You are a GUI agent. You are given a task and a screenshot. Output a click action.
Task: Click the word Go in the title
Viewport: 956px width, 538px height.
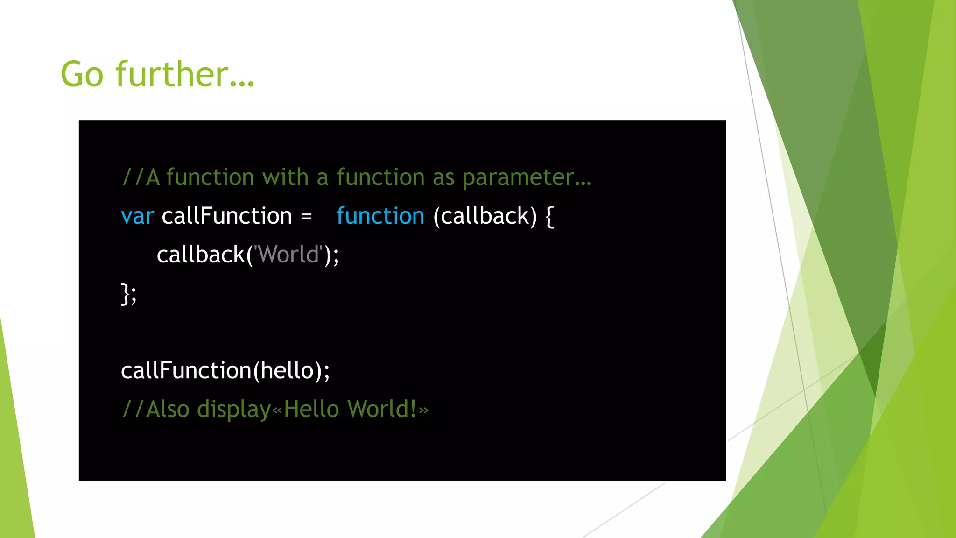tap(82, 75)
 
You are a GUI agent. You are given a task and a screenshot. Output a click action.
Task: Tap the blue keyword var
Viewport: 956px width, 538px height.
tap(137, 217)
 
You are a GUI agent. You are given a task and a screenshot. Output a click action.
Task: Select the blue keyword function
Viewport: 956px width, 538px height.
tap(380, 216)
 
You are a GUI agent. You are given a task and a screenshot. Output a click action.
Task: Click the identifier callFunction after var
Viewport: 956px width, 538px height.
tap(227, 216)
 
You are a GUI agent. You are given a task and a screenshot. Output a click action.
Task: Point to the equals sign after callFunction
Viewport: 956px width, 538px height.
tap(306, 217)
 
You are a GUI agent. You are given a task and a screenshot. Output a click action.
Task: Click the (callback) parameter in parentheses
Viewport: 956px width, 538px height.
tap(485, 216)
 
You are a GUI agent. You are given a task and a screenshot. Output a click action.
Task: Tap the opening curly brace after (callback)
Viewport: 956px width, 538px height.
tap(549, 217)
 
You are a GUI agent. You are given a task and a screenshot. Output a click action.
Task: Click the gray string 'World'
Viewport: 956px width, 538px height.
tap(288, 255)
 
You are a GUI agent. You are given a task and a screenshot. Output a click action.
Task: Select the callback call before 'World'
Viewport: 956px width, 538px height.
tap(201, 255)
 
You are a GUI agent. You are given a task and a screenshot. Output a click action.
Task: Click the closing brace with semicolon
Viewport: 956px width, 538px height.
tap(129, 294)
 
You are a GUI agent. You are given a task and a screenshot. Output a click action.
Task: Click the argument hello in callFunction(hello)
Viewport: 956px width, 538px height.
tap(287, 371)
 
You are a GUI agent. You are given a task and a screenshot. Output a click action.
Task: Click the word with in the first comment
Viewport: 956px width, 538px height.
tap(285, 177)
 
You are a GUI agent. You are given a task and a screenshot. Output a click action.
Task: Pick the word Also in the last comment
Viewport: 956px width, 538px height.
tap(168, 410)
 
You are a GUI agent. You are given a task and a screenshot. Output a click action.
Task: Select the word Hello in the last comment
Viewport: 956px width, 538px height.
tap(311, 410)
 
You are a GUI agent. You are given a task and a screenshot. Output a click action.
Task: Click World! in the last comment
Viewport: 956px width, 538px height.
tap(382, 410)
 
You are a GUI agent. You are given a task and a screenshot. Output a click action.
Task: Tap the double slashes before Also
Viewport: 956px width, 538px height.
tap(133, 410)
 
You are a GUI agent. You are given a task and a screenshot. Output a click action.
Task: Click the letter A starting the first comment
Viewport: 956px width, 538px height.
tap(153, 178)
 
